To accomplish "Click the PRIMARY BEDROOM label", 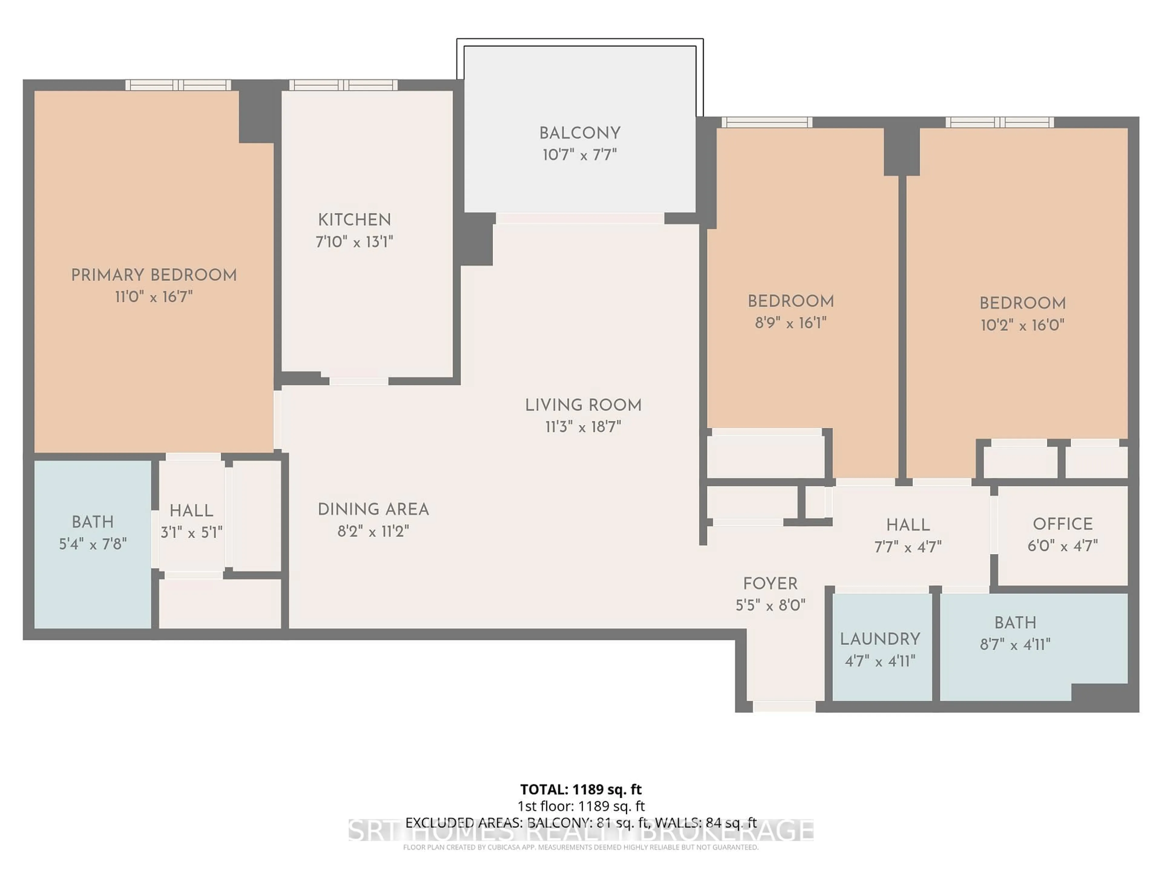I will (154, 275).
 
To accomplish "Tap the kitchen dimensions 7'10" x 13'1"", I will (355, 242).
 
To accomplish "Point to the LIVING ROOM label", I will (583, 405).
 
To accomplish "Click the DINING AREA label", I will (373, 509).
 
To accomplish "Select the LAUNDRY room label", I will (880, 639).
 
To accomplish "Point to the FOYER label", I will (770, 583).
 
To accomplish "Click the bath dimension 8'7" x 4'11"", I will (1015, 644).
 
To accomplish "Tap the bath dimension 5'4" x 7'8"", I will (93, 544).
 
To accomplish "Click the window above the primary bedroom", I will (178, 85).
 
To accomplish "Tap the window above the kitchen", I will (343, 85).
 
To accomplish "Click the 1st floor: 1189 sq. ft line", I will (580, 806).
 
